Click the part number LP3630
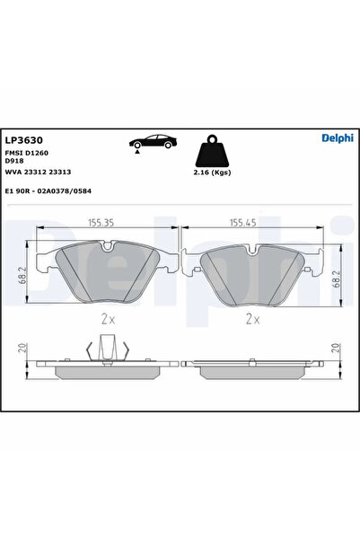[23, 140]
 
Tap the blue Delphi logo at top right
[338, 137]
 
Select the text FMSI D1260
[27, 153]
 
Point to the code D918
[14, 161]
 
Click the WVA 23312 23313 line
[38, 172]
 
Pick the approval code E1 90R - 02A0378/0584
[48, 190]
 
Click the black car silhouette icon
[153, 141]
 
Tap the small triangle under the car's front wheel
[137, 152]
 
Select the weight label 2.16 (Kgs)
[212, 173]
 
